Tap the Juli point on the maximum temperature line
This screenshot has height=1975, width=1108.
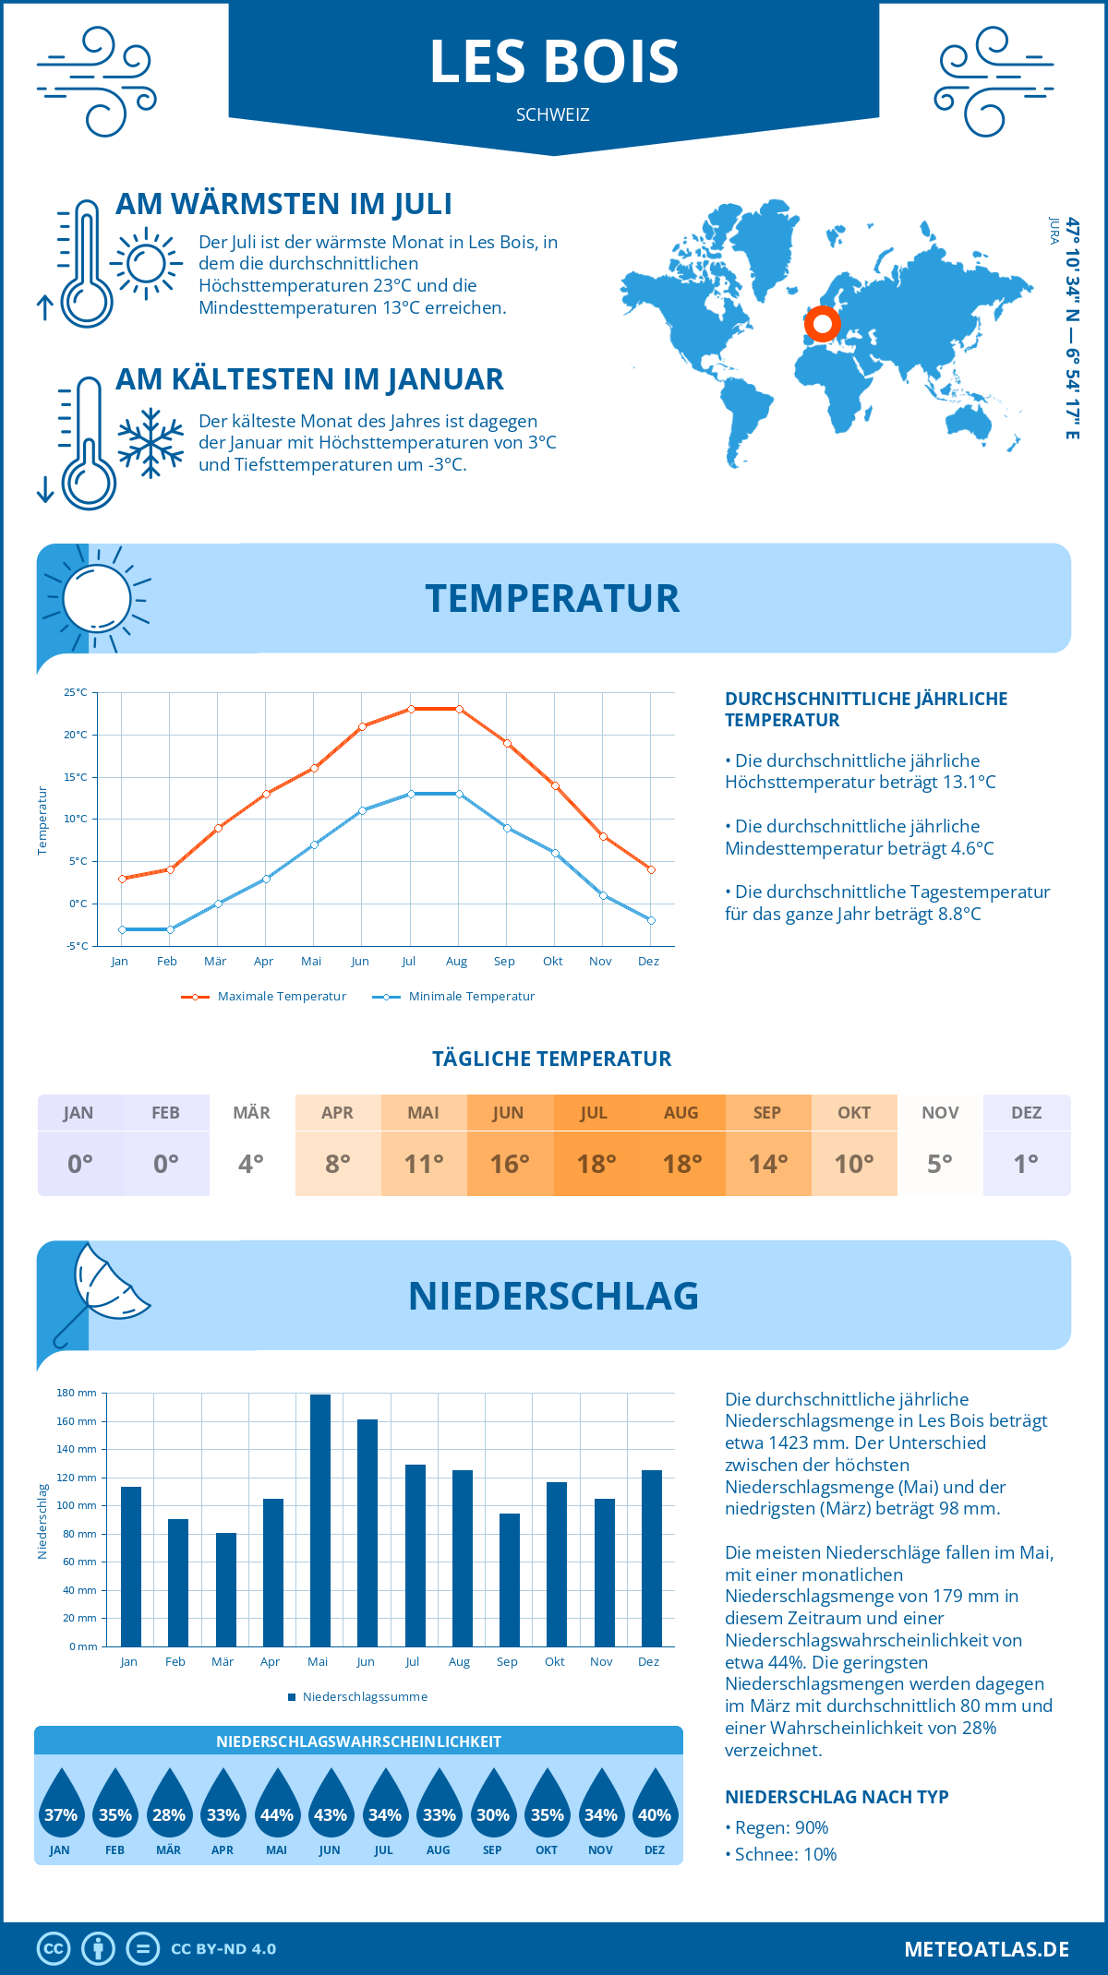(411, 709)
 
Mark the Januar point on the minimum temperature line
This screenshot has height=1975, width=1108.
(122, 929)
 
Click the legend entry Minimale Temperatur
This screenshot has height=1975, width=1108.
(453, 997)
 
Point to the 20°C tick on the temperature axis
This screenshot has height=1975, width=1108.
(76, 735)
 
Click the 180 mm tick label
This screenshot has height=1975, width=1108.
(77, 1393)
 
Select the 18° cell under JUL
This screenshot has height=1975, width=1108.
(596, 1164)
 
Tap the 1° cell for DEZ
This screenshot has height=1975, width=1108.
(1026, 1164)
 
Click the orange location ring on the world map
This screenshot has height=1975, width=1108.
(822, 324)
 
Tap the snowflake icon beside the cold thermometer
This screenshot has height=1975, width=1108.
(151, 443)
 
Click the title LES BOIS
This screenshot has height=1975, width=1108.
(554, 62)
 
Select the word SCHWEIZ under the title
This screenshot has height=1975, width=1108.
(552, 115)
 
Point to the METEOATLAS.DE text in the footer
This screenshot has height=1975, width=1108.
(986, 1949)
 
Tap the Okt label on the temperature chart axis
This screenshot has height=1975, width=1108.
(552, 962)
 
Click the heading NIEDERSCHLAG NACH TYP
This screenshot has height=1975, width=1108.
(837, 1797)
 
